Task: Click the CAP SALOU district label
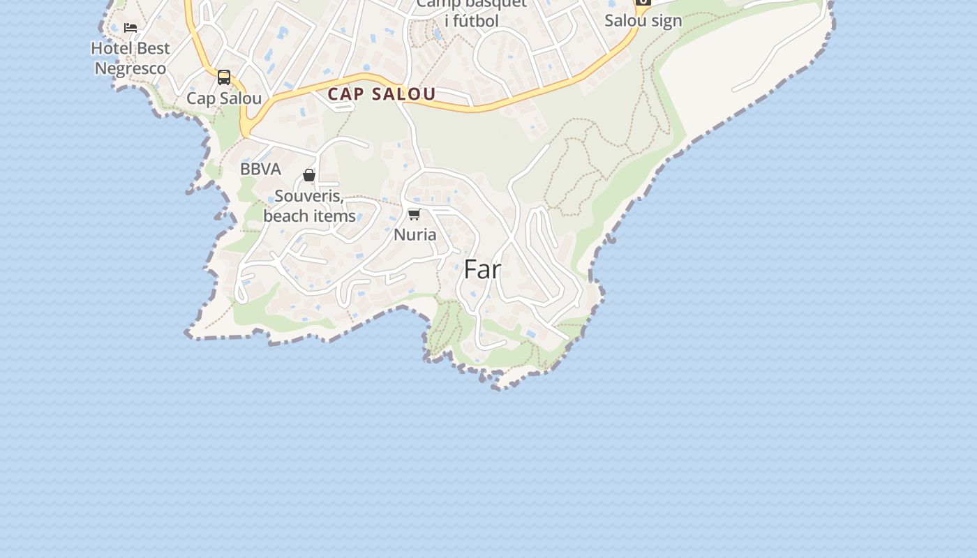tap(382, 94)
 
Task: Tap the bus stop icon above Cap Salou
tap(224, 77)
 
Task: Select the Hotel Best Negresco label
tap(130, 59)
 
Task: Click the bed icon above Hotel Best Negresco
tap(130, 28)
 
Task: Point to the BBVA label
tap(260, 169)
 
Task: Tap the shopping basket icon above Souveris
tap(309, 175)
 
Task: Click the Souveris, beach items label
tap(309, 206)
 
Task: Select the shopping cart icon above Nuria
tap(415, 214)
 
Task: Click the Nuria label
tap(415, 235)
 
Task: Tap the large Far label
tap(482, 270)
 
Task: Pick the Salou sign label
tap(643, 21)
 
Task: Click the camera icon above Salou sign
tap(643, 2)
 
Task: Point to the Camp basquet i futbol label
tap(472, 13)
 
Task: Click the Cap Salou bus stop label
tap(224, 98)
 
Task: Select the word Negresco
tap(130, 68)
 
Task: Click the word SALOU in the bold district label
tap(409, 94)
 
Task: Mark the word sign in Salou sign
tap(666, 21)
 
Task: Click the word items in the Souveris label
tap(334, 216)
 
